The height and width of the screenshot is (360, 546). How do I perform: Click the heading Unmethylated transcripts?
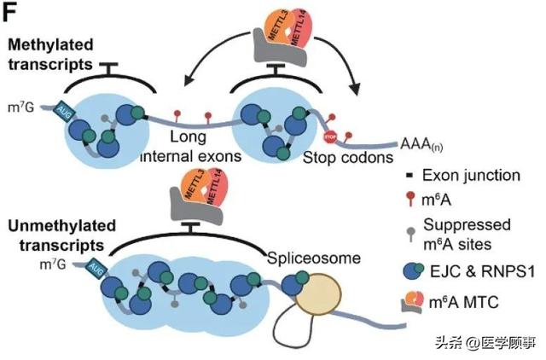[x=54, y=235]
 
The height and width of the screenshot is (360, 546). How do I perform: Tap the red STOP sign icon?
[x=331, y=137]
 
